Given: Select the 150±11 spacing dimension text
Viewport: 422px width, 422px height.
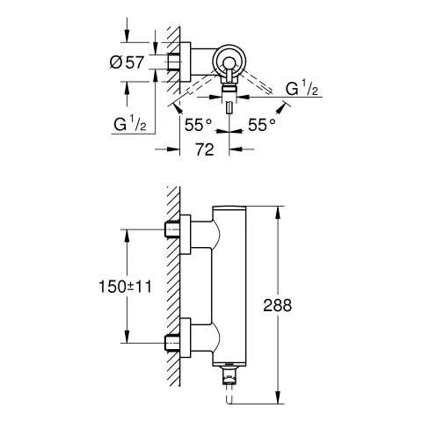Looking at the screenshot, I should (x=97, y=286).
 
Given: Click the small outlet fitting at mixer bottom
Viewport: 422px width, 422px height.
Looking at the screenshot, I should (x=232, y=381).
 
